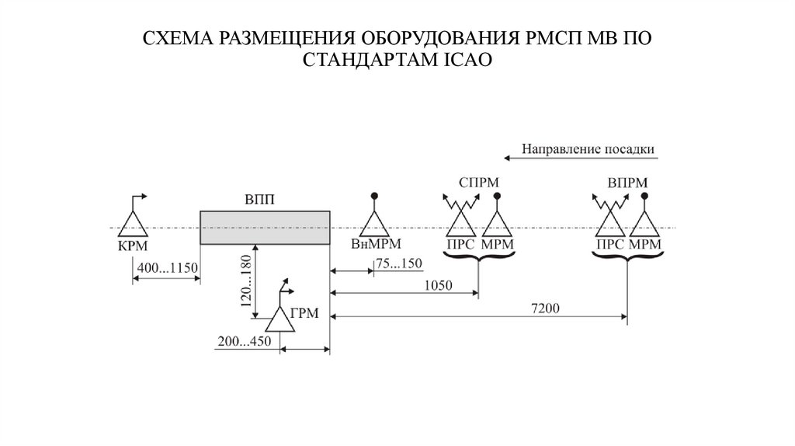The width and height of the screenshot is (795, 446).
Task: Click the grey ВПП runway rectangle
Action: click(265, 227)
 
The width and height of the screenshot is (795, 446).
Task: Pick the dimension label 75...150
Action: click(399, 263)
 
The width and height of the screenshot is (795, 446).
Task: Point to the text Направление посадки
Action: click(588, 148)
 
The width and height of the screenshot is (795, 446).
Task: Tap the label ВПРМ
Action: click(626, 183)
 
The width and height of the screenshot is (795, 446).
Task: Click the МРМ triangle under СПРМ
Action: click(497, 225)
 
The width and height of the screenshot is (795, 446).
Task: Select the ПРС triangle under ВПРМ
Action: click(610, 225)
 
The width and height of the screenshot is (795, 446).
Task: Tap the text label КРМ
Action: click(132, 246)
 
